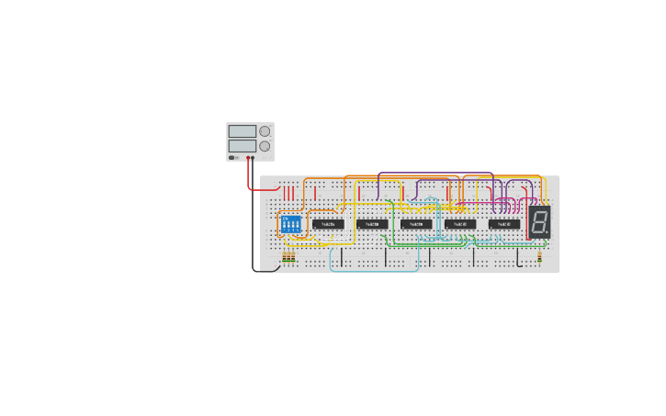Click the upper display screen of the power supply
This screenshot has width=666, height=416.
pos(243,131)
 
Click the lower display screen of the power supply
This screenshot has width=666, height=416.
pos(243,146)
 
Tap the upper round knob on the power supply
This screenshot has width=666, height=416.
pos(265,131)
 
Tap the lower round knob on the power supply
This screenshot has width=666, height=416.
pos(265,146)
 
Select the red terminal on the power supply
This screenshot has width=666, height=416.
pos(248,158)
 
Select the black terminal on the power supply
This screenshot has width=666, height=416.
pos(254,158)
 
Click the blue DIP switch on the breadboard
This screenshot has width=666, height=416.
pos(290,224)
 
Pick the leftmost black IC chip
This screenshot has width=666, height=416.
pos(328,224)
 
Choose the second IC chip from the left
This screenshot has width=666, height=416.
pos(372,224)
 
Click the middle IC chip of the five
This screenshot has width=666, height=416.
pos(416,224)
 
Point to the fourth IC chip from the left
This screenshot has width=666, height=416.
pos(460,224)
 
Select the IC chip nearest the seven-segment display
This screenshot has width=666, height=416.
pos(504,224)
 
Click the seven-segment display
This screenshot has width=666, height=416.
pos(539,221)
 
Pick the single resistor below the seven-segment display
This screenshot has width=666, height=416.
pos(539,259)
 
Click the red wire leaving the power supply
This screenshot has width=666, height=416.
pos(250,180)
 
